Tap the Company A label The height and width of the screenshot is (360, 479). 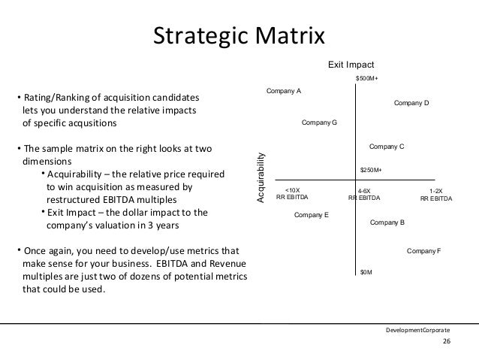coord(284,91)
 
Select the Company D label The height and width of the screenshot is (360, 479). coord(411,102)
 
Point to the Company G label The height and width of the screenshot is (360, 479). coord(319,122)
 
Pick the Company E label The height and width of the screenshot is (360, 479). coord(312,215)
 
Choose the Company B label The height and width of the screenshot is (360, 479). coord(388,222)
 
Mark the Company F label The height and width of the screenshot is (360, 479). coord(423,250)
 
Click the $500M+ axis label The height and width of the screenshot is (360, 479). coord(366,77)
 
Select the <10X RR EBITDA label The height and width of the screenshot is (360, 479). coord(293,195)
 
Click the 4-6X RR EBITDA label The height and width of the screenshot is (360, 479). coord(365,195)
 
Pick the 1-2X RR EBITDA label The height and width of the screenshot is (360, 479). coord(436,195)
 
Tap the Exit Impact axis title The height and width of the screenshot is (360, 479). coord(350,65)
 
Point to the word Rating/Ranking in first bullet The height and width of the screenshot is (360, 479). coord(57,98)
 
